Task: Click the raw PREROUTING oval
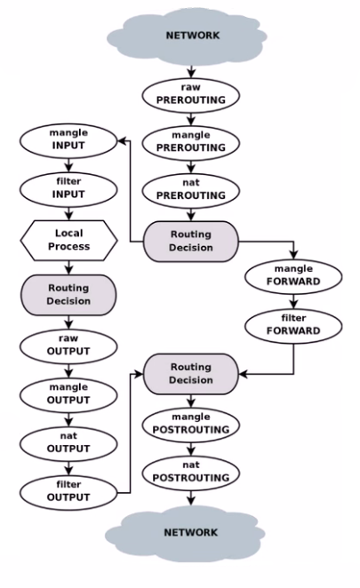pos(191,95)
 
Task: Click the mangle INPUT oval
pos(68,140)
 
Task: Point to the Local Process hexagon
pos(68,241)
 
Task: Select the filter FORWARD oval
pos(293,326)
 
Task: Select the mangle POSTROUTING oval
pos(191,425)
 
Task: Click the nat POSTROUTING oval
pos(191,473)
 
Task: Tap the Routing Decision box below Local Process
pos(68,295)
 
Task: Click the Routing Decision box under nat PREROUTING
pos(191,241)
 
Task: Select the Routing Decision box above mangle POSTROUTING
pos(191,374)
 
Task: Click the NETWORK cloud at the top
pos(187,36)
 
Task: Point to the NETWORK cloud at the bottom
pos(186,533)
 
